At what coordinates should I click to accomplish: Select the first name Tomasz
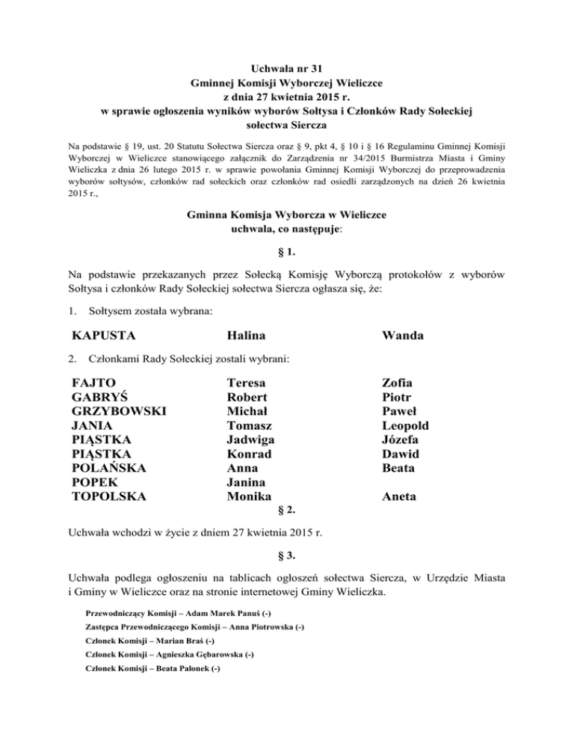coord(250,425)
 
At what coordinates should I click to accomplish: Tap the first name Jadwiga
coord(250,440)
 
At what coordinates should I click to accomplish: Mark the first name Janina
coord(247,482)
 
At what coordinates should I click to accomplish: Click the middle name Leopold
coord(407,425)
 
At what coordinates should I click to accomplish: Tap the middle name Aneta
coord(400,496)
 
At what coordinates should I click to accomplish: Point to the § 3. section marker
coord(288,555)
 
